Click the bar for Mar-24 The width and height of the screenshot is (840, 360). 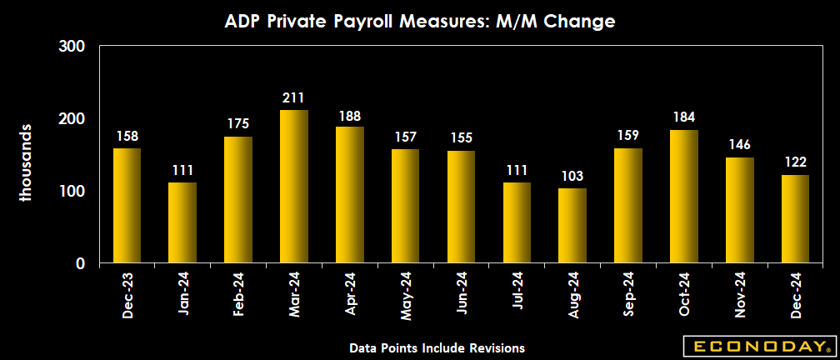coord(294,187)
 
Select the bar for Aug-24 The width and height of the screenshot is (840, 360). coord(572,226)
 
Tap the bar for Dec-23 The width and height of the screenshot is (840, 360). coord(127,206)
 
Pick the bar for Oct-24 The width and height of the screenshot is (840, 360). coord(684,197)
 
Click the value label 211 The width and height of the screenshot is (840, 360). coord(294,98)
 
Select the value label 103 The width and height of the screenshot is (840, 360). coord(572,177)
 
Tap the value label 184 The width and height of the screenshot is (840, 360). coord(684,117)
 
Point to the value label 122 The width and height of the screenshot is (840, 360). coord(795,163)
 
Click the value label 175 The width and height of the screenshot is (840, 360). coord(238,124)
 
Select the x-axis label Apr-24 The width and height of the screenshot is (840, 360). coord(350,296)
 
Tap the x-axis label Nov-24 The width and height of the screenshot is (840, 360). coord(740,296)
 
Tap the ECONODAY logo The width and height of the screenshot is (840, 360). coord(757,345)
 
